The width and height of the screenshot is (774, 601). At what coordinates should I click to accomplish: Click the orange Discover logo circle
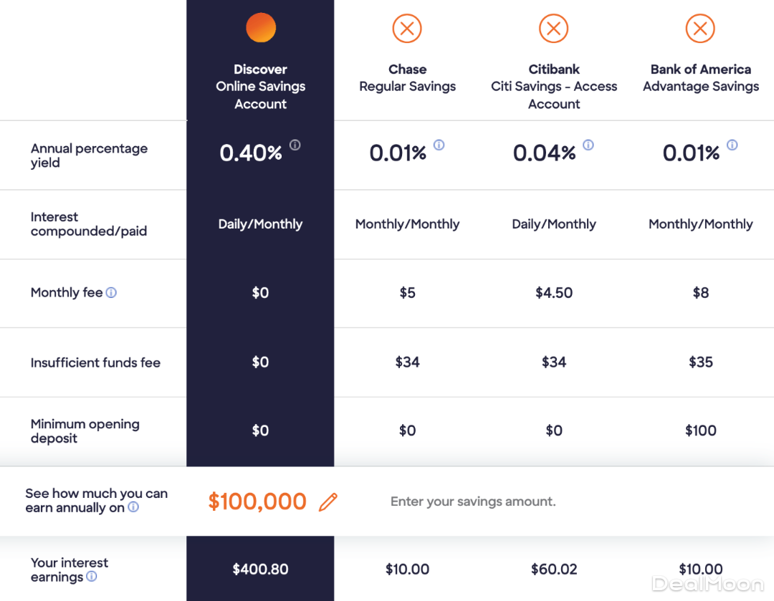click(x=261, y=28)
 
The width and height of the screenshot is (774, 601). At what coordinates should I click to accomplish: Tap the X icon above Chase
click(x=407, y=29)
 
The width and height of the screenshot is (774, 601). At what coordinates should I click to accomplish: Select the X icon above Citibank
click(x=554, y=29)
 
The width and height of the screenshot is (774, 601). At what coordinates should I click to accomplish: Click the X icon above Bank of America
click(x=700, y=29)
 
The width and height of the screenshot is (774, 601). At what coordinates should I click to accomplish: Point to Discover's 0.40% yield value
click(x=251, y=153)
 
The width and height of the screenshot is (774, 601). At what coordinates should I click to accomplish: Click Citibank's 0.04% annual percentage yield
click(x=544, y=153)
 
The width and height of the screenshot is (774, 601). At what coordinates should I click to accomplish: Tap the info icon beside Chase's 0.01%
click(x=439, y=145)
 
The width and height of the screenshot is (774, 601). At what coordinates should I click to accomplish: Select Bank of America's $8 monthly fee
click(x=701, y=292)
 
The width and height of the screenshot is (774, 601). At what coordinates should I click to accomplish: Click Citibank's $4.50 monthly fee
click(x=554, y=292)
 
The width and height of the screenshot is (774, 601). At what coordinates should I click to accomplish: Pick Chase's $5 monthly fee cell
click(x=407, y=292)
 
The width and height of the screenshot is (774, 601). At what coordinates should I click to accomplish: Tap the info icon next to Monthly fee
click(x=111, y=292)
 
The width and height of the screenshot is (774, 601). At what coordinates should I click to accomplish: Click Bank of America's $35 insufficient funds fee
click(x=701, y=362)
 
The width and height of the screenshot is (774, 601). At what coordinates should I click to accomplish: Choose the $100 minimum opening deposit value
click(x=701, y=431)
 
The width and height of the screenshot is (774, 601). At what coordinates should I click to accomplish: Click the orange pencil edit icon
click(x=328, y=501)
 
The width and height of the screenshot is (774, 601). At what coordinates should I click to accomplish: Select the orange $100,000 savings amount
click(x=257, y=501)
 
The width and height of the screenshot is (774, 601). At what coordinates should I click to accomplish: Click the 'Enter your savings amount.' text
click(x=473, y=501)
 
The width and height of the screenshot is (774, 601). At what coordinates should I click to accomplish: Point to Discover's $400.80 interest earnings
click(x=260, y=569)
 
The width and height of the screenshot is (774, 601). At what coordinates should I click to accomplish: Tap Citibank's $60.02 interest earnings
click(x=554, y=569)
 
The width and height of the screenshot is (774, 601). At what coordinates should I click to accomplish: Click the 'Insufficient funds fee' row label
click(x=95, y=362)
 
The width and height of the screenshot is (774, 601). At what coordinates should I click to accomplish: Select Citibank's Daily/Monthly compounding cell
click(x=554, y=224)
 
